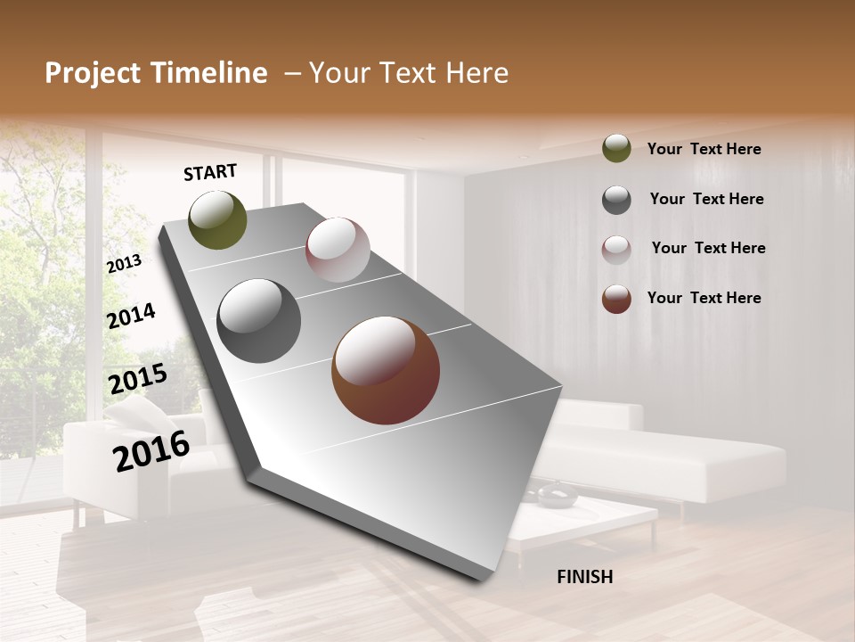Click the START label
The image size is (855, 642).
tap(210, 172)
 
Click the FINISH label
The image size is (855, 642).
tap(584, 577)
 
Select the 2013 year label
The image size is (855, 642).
tap(125, 263)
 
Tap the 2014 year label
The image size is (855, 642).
tap(131, 316)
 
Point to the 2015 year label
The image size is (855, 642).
tap(138, 379)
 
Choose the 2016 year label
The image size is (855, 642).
tap(151, 450)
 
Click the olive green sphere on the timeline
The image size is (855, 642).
tap(217, 219)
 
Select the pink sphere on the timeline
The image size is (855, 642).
tap(338, 250)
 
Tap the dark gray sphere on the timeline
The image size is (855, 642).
tap(258, 321)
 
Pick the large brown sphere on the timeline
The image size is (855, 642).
tap(386, 370)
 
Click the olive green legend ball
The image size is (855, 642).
tap(616, 149)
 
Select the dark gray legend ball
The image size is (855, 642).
tap(616, 200)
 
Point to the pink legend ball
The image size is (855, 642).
tap(616, 249)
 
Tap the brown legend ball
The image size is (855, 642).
tap(616, 299)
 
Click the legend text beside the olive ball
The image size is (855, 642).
tap(704, 150)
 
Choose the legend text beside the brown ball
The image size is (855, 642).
tap(704, 298)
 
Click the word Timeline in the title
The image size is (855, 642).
tap(210, 73)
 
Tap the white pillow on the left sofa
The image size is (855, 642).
tap(134, 412)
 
